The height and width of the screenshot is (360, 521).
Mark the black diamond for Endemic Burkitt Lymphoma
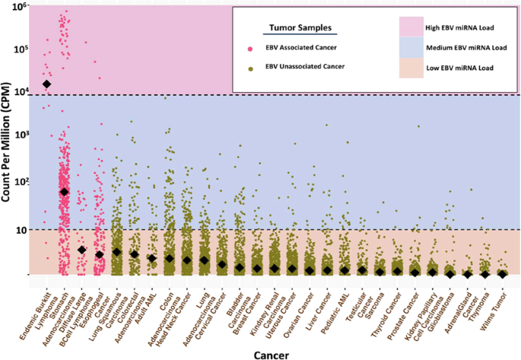coord(47,84)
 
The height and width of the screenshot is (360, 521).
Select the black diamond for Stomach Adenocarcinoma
coord(65,192)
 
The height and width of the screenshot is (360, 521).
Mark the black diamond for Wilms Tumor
coord(502,274)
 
